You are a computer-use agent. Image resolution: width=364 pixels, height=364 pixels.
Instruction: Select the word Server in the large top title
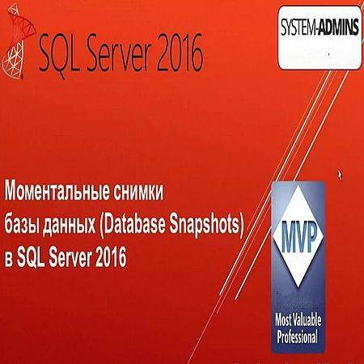click(121, 53)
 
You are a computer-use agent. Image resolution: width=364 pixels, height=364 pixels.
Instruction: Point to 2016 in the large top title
click(180, 53)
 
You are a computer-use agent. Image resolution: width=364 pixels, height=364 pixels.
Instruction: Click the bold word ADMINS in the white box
click(339, 27)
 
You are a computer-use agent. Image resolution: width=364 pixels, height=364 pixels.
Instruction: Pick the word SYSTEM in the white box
click(298, 27)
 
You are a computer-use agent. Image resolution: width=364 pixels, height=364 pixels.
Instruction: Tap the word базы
click(22, 225)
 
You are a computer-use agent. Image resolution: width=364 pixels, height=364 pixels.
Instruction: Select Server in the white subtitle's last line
click(70, 257)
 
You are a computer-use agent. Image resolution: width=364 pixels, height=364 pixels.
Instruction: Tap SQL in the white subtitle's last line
click(31, 258)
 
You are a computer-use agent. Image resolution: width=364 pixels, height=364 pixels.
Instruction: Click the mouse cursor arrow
click(340, 176)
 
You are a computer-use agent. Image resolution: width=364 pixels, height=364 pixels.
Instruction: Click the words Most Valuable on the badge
click(298, 320)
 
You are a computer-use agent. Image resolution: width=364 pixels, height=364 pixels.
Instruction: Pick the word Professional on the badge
click(298, 336)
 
